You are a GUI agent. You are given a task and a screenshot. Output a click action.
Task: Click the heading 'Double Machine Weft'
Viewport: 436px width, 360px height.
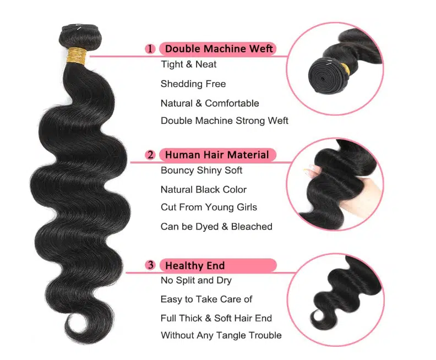pos(219,48)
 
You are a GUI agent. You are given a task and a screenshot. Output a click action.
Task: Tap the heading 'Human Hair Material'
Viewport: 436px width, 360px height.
pos(217,155)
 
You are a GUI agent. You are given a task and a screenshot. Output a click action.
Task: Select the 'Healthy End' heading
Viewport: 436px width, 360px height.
pos(195,266)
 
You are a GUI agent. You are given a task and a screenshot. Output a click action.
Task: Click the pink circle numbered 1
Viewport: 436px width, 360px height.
pos(150,49)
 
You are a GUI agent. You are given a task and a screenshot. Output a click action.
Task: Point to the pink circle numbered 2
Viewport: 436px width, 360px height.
pos(150,155)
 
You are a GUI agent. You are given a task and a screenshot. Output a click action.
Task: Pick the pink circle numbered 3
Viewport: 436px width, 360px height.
pos(150,266)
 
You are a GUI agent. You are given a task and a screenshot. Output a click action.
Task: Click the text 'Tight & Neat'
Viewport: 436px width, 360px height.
pos(188,64)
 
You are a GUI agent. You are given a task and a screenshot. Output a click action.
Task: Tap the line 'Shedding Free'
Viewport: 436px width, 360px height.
pos(193,84)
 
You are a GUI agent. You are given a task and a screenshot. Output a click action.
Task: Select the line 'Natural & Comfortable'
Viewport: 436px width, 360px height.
pos(209,103)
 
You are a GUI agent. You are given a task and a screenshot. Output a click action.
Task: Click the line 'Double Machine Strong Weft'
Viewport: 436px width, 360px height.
pos(224,121)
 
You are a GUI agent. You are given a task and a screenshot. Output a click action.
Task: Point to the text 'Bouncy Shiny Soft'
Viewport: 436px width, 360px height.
pos(201,171)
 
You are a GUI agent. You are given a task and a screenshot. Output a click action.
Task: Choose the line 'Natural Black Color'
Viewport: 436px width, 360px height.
pos(203,190)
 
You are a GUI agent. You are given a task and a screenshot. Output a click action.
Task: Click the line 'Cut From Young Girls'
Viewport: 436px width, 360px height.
pos(209,208)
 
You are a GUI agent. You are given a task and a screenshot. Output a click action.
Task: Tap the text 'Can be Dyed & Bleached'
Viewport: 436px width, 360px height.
pos(216,227)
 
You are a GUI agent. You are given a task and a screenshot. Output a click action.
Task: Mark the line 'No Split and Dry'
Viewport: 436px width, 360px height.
pos(196,281)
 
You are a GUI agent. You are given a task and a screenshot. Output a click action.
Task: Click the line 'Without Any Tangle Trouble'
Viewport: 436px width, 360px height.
pos(221,335)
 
